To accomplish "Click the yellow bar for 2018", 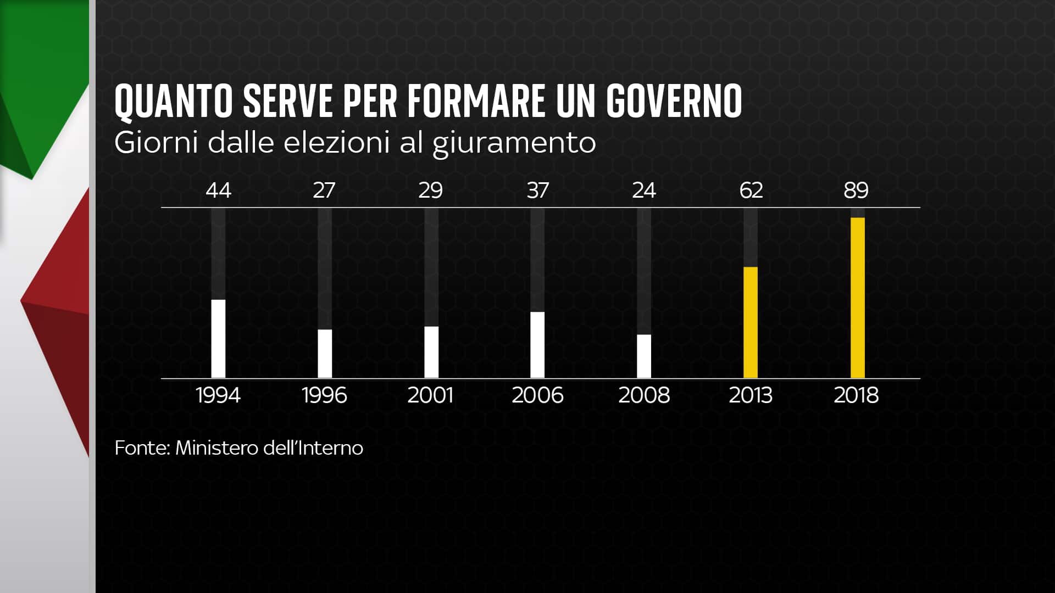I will coord(857,298).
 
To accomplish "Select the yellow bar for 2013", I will coord(750,322).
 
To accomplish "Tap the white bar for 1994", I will coord(218,339).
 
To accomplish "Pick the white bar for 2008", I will coord(644,356).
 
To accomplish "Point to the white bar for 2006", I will coord(537,345).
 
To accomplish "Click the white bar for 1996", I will coord(325,354).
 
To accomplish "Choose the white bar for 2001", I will coord(431,352).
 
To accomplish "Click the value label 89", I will coord(856,191).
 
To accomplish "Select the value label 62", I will coord(751,191).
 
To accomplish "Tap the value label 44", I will coord(218,191).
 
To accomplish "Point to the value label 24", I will coord(644,191).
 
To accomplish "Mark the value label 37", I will coord(537,191).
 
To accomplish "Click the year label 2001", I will coord(430,395).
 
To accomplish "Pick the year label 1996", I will coord(324,395).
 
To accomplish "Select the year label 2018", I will coord(856,395).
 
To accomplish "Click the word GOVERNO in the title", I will coord(674,102).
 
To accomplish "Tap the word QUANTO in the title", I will coord(173,102).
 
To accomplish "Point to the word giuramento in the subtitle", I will coord(514,143).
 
